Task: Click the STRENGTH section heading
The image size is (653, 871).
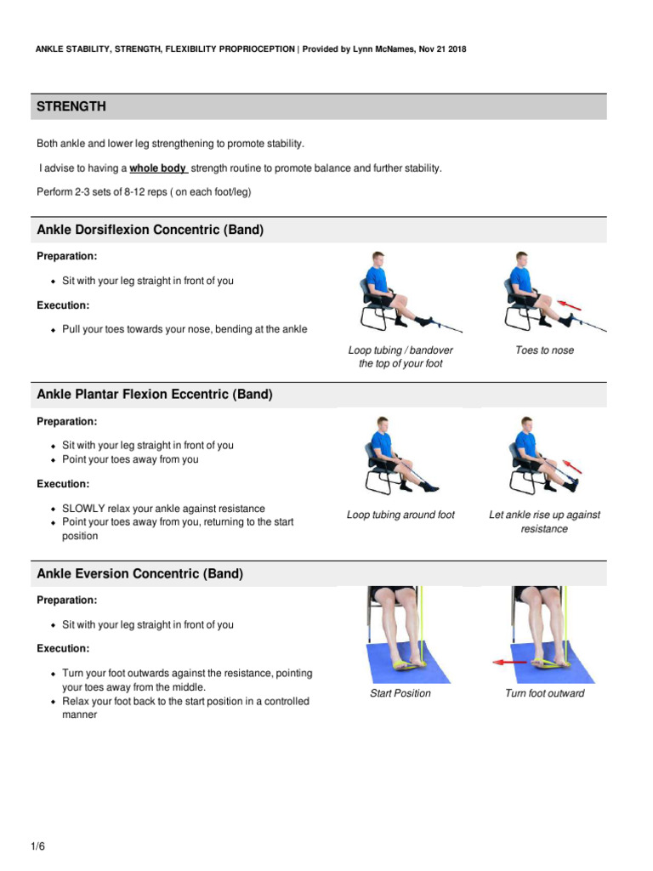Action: [x=71, y=106]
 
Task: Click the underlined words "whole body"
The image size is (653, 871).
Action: [x=157, y=168]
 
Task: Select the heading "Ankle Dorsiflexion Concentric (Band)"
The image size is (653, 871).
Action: [x=150, y=230]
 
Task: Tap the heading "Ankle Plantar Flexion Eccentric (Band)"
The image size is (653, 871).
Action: [x=155, y=395]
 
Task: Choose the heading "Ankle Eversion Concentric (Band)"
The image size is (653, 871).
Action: [x=140, y=574]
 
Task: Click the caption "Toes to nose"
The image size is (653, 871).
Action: [x=544, y=350]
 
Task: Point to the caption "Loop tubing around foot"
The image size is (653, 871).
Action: [x=400, y=515]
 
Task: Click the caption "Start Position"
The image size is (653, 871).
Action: [x=400, y=693]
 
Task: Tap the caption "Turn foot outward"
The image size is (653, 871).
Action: [x=544, y=693]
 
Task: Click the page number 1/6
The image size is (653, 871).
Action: [x=38, y=846]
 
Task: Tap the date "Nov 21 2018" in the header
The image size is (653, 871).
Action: [x=437, y=49]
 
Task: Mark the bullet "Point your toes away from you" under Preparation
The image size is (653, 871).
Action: [x=130, y=459]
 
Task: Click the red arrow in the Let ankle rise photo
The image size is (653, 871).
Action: [x=571, y=465]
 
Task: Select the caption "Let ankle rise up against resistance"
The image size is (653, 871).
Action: [x=544, y=521]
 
